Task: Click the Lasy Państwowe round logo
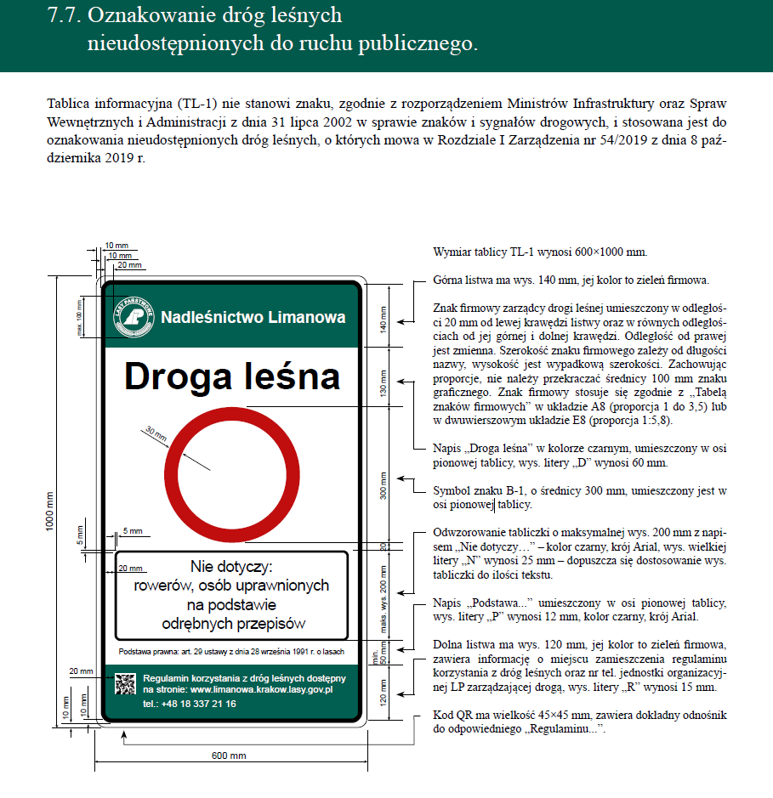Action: [134, 316]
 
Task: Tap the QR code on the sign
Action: [126, 685]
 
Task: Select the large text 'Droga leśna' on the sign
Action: [232, 377]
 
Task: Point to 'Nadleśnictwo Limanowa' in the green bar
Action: [253, 318]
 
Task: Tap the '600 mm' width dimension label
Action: [229, 756]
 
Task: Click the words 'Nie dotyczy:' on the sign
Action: [232, 567]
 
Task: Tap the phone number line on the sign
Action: [189, 704]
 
